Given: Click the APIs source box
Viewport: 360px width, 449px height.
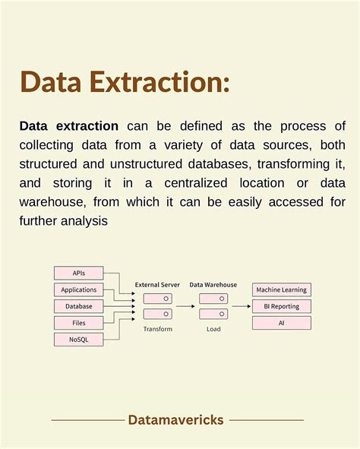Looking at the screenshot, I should (78, 273).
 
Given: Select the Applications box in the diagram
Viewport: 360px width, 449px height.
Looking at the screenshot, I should (78, 289).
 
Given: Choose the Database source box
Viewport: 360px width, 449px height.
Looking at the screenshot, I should (78, 306).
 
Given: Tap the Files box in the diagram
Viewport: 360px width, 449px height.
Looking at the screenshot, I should (78, 323).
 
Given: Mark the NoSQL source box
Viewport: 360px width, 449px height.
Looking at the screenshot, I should (78, 340).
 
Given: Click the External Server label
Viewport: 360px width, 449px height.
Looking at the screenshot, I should (157, 285).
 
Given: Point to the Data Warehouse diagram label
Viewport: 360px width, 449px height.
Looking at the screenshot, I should (213, 285).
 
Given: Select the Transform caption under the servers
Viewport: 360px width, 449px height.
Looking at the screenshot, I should (157, 329).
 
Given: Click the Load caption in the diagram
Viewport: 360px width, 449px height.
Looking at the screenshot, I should (213, 329).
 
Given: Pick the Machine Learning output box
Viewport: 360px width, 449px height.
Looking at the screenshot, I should (282, 290).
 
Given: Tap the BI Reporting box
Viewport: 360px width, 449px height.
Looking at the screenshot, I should (282, 306).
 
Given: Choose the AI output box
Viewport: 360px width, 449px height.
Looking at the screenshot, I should (282, 323).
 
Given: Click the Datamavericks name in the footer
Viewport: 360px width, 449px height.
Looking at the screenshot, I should (175, 420).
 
